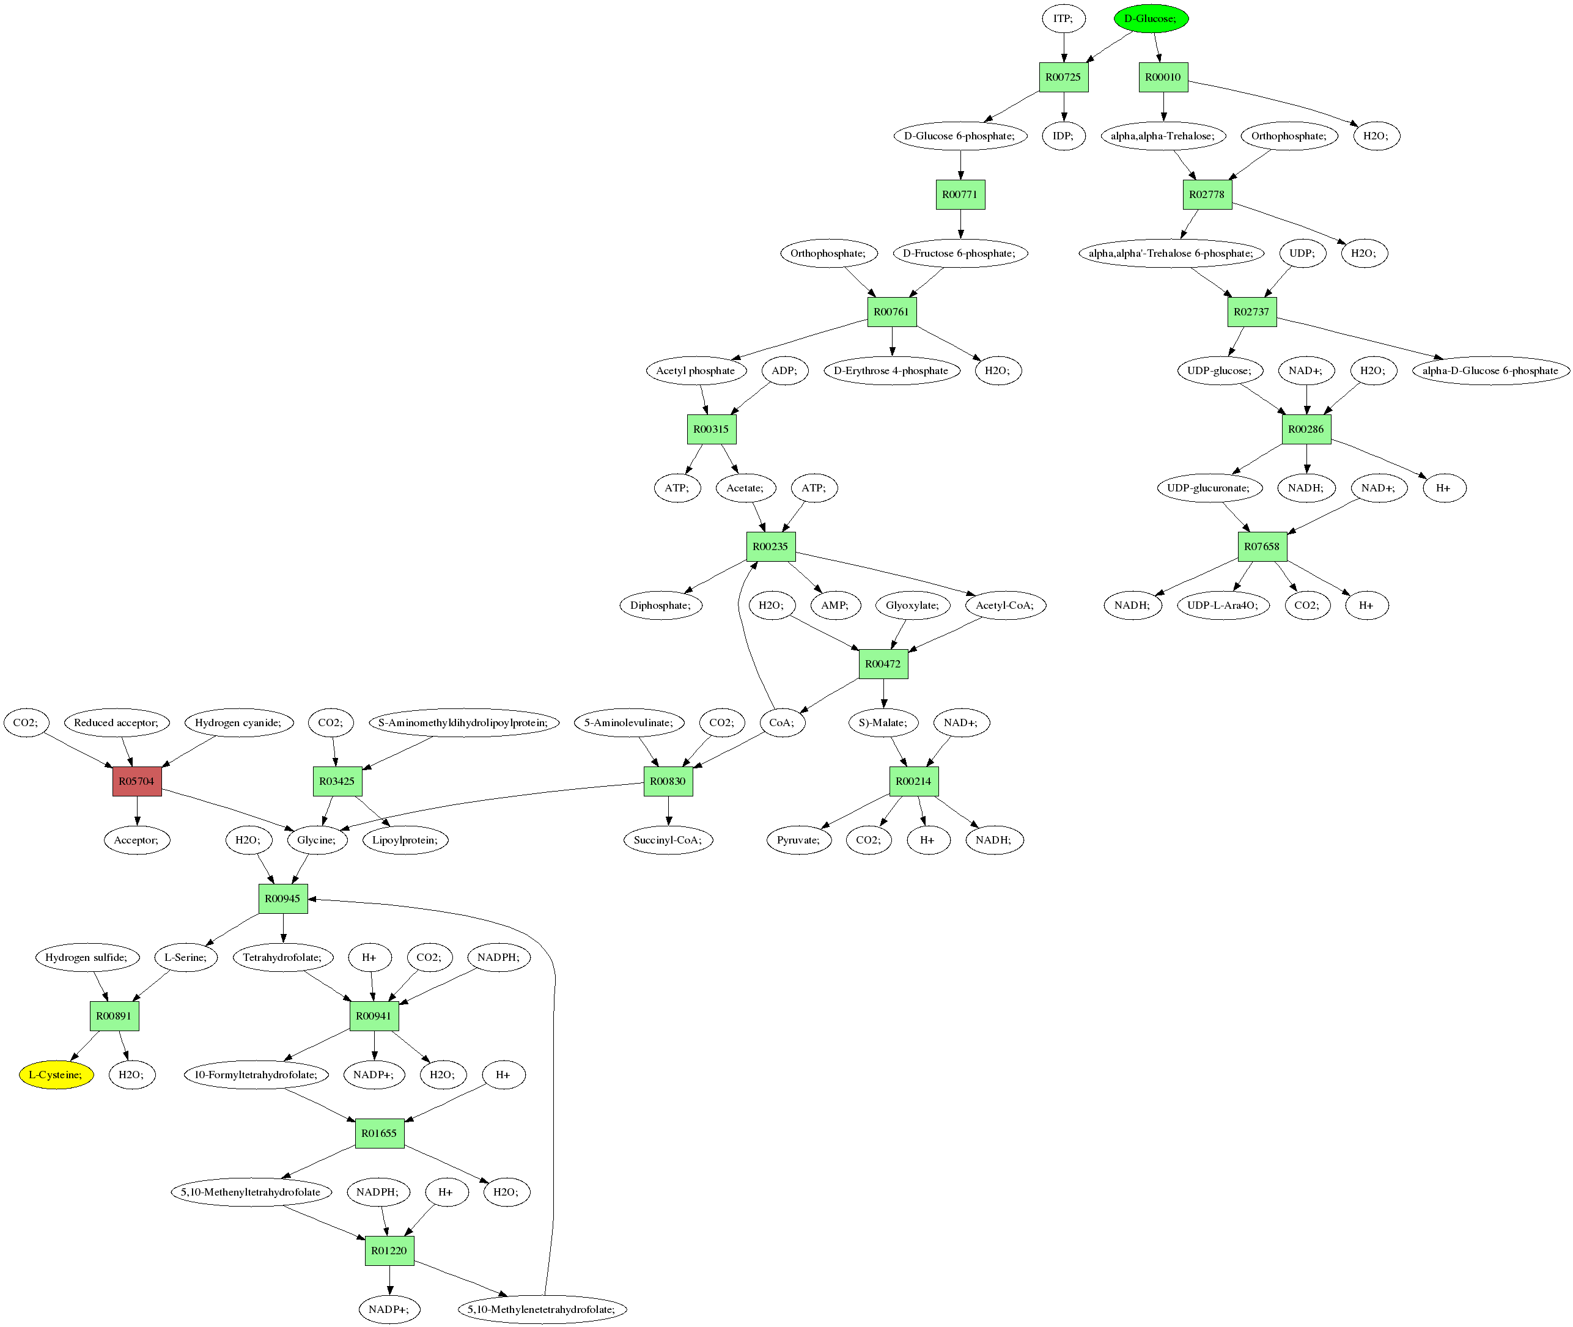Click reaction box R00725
pyautogui.click(x=1064, y=78)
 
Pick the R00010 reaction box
pyautogui.click(x=1163, y=78)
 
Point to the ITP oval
pyautogui.click(x=1064, y=19)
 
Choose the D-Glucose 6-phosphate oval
pyautogui.click(x=960, y=136)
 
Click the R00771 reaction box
pyautogui.click(x=960, y=195)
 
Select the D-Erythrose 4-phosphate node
pyautogui.click(x=891, y=371)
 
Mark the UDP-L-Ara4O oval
pyautogui.click(x=1223, y=606)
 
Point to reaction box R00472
pyautogui.click(x=883, y=664)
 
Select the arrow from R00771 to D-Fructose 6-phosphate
pyautogui.click(x=960, y=224)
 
